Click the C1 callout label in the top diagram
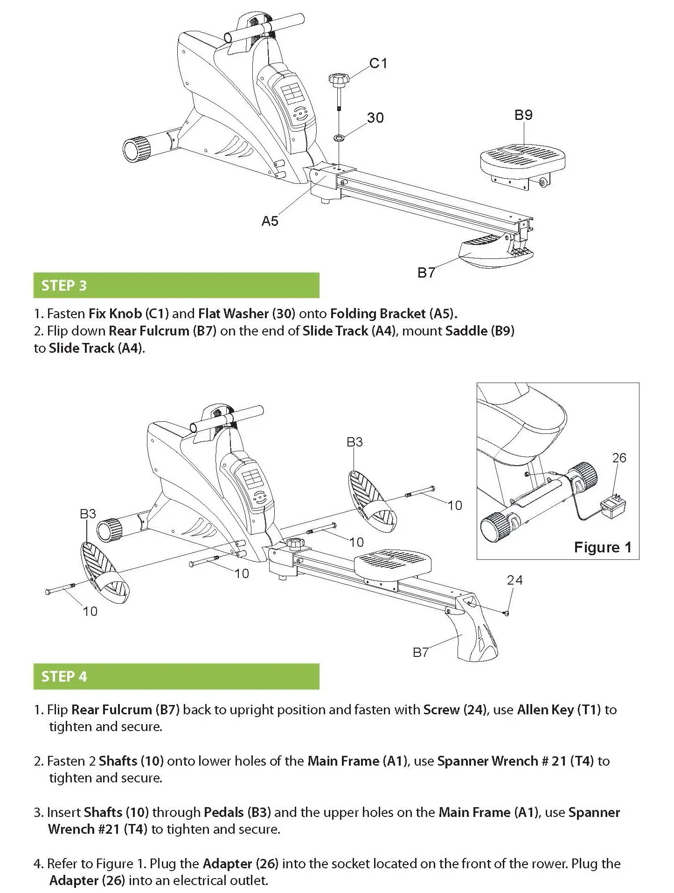tap(378, 63)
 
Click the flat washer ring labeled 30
tap(339, 138)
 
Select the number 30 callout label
tap(375, 118)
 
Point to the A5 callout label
tap(270, 221)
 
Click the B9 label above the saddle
tap(523, 115)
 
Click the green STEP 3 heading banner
tap(176, 285)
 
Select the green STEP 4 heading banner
tap(176, 676)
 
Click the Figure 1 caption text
tap(602, 547)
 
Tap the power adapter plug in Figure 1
tap(613, 505)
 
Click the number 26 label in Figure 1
tap(619, 458)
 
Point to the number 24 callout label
tap(514, 580)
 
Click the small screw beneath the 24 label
tap(507, 613)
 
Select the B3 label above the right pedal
tap(354, 442)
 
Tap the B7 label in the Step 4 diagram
tap(420, 652)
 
